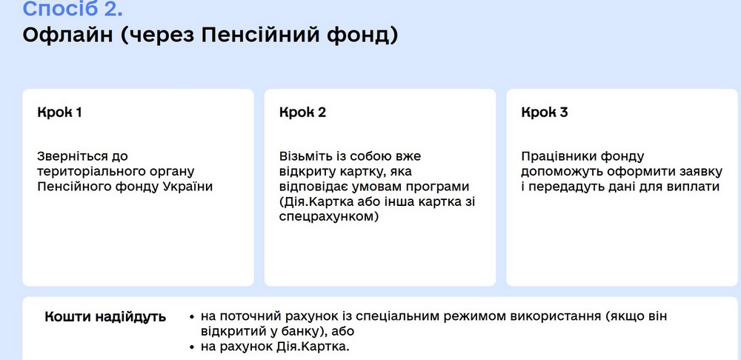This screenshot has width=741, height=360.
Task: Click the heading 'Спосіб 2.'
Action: pos(73,9)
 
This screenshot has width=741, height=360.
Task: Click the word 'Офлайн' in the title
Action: pos(65,36)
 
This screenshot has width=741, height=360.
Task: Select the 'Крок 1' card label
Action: pos(59,113)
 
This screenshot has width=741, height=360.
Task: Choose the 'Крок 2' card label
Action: pos(302,113)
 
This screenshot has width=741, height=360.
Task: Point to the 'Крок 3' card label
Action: pos(545,113)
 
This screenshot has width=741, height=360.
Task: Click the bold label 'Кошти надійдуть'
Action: pos(105,317)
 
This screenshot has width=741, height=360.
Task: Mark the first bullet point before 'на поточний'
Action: pos(193,317)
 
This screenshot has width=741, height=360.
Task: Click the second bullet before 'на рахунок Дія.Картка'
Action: pos(193,347)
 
